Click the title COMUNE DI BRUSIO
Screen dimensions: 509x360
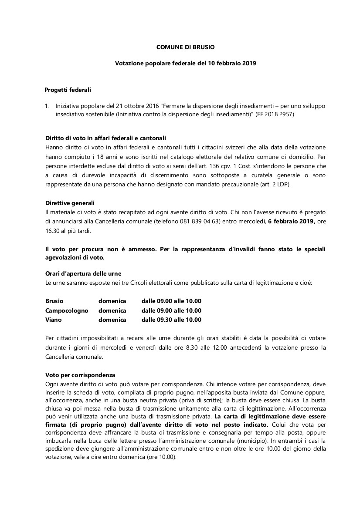tap(185, 47)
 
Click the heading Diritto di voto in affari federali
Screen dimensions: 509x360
tap(105, 138)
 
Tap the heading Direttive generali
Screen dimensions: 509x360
tap(70, 203)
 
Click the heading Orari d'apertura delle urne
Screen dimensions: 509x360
tap(83, 273)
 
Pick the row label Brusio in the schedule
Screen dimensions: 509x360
tap(54, 301)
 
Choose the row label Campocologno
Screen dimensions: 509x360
tap(67, 310)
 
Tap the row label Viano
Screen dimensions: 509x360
tap(54, 320)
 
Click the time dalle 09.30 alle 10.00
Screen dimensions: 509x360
tap(171, 320)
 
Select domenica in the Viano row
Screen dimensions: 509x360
tap(112, 320)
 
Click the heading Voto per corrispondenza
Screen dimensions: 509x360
tap(80, 375)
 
